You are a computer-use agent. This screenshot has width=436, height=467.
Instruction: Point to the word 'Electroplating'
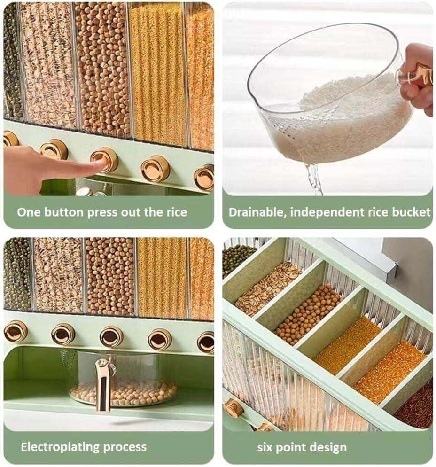tap(60, 447)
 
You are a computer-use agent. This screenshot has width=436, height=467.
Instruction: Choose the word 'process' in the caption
tap(125, 448)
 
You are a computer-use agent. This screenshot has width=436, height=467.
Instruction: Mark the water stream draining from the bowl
tap(314, 179)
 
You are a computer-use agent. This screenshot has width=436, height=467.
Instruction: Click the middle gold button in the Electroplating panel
tap(111, 336)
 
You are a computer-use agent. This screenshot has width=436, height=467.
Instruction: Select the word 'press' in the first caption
tap(103, 213)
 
